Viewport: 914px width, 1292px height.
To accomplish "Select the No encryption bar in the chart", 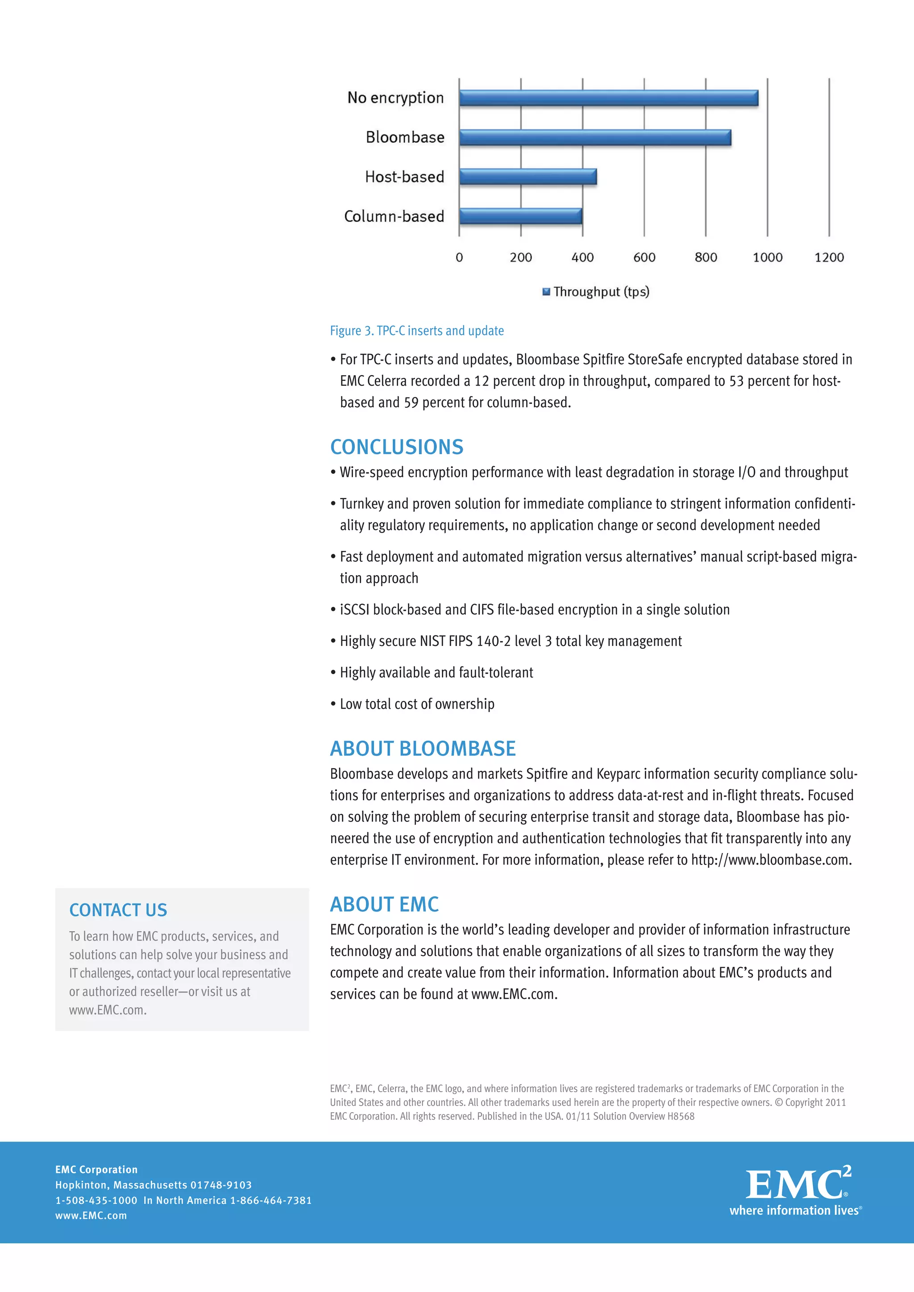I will point(608,98).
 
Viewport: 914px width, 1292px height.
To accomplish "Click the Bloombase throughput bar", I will point(594,137).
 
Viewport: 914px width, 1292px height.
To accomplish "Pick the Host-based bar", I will point(528,177).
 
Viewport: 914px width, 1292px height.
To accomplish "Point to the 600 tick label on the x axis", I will point(644,258).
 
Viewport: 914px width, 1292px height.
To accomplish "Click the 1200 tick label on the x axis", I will point(828,258).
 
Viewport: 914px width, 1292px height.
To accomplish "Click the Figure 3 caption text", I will point(416,331).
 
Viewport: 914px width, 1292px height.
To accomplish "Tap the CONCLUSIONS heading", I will point(396,447).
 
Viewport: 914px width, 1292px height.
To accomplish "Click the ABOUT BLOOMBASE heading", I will point(422,749).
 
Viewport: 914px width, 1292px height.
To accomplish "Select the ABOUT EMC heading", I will point(384,904).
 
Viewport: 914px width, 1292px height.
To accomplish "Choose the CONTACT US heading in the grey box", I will point(118,910).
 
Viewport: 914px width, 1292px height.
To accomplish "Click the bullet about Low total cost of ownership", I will point(416,704).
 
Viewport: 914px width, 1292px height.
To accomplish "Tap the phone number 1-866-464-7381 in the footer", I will point(271,1200).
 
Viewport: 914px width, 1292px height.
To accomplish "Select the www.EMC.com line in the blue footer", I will point(91,1215).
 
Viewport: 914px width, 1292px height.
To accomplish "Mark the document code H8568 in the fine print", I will point(681,1116).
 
